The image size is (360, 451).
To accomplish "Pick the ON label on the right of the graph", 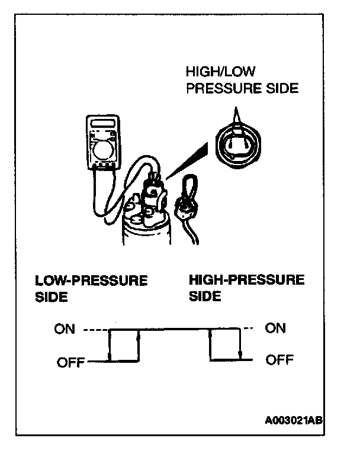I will click(276, 328).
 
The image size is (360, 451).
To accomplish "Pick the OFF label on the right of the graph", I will click(279, 359).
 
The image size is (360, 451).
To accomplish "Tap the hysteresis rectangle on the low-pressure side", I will click(123, 344).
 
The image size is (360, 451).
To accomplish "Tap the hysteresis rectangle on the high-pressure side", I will click(225, 344).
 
